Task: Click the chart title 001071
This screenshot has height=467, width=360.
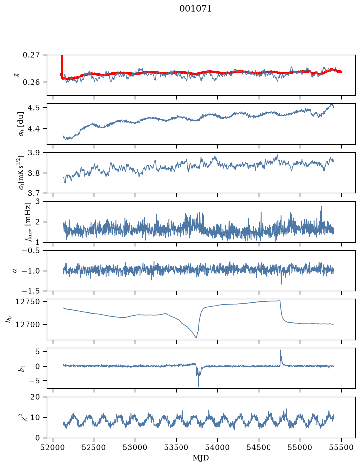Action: [x=195, y=9]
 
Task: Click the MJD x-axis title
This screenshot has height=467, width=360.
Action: [x=201, y=458]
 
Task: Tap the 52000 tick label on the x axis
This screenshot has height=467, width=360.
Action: [x=53, y=447]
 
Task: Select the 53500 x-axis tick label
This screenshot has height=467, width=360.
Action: [x=177, y=447]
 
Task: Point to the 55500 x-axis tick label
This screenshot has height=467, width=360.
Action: [x=341, y=447]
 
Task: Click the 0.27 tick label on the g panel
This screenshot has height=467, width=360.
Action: [x=31, y=55]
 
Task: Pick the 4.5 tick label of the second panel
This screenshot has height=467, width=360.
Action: [x=34, y=107]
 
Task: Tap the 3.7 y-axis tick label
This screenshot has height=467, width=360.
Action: [x=34, y=193]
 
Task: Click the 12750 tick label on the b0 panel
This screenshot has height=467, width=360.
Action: [x=27, y=302]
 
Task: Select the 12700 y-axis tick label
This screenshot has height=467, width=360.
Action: [x=27, y=324]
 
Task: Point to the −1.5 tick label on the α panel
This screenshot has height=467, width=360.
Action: [x=31, y=290]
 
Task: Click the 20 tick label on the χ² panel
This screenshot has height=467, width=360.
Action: [x=35, y=397]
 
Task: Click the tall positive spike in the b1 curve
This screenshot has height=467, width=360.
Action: [x=280, y=351]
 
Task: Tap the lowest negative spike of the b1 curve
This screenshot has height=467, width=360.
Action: [x=198, y=386]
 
